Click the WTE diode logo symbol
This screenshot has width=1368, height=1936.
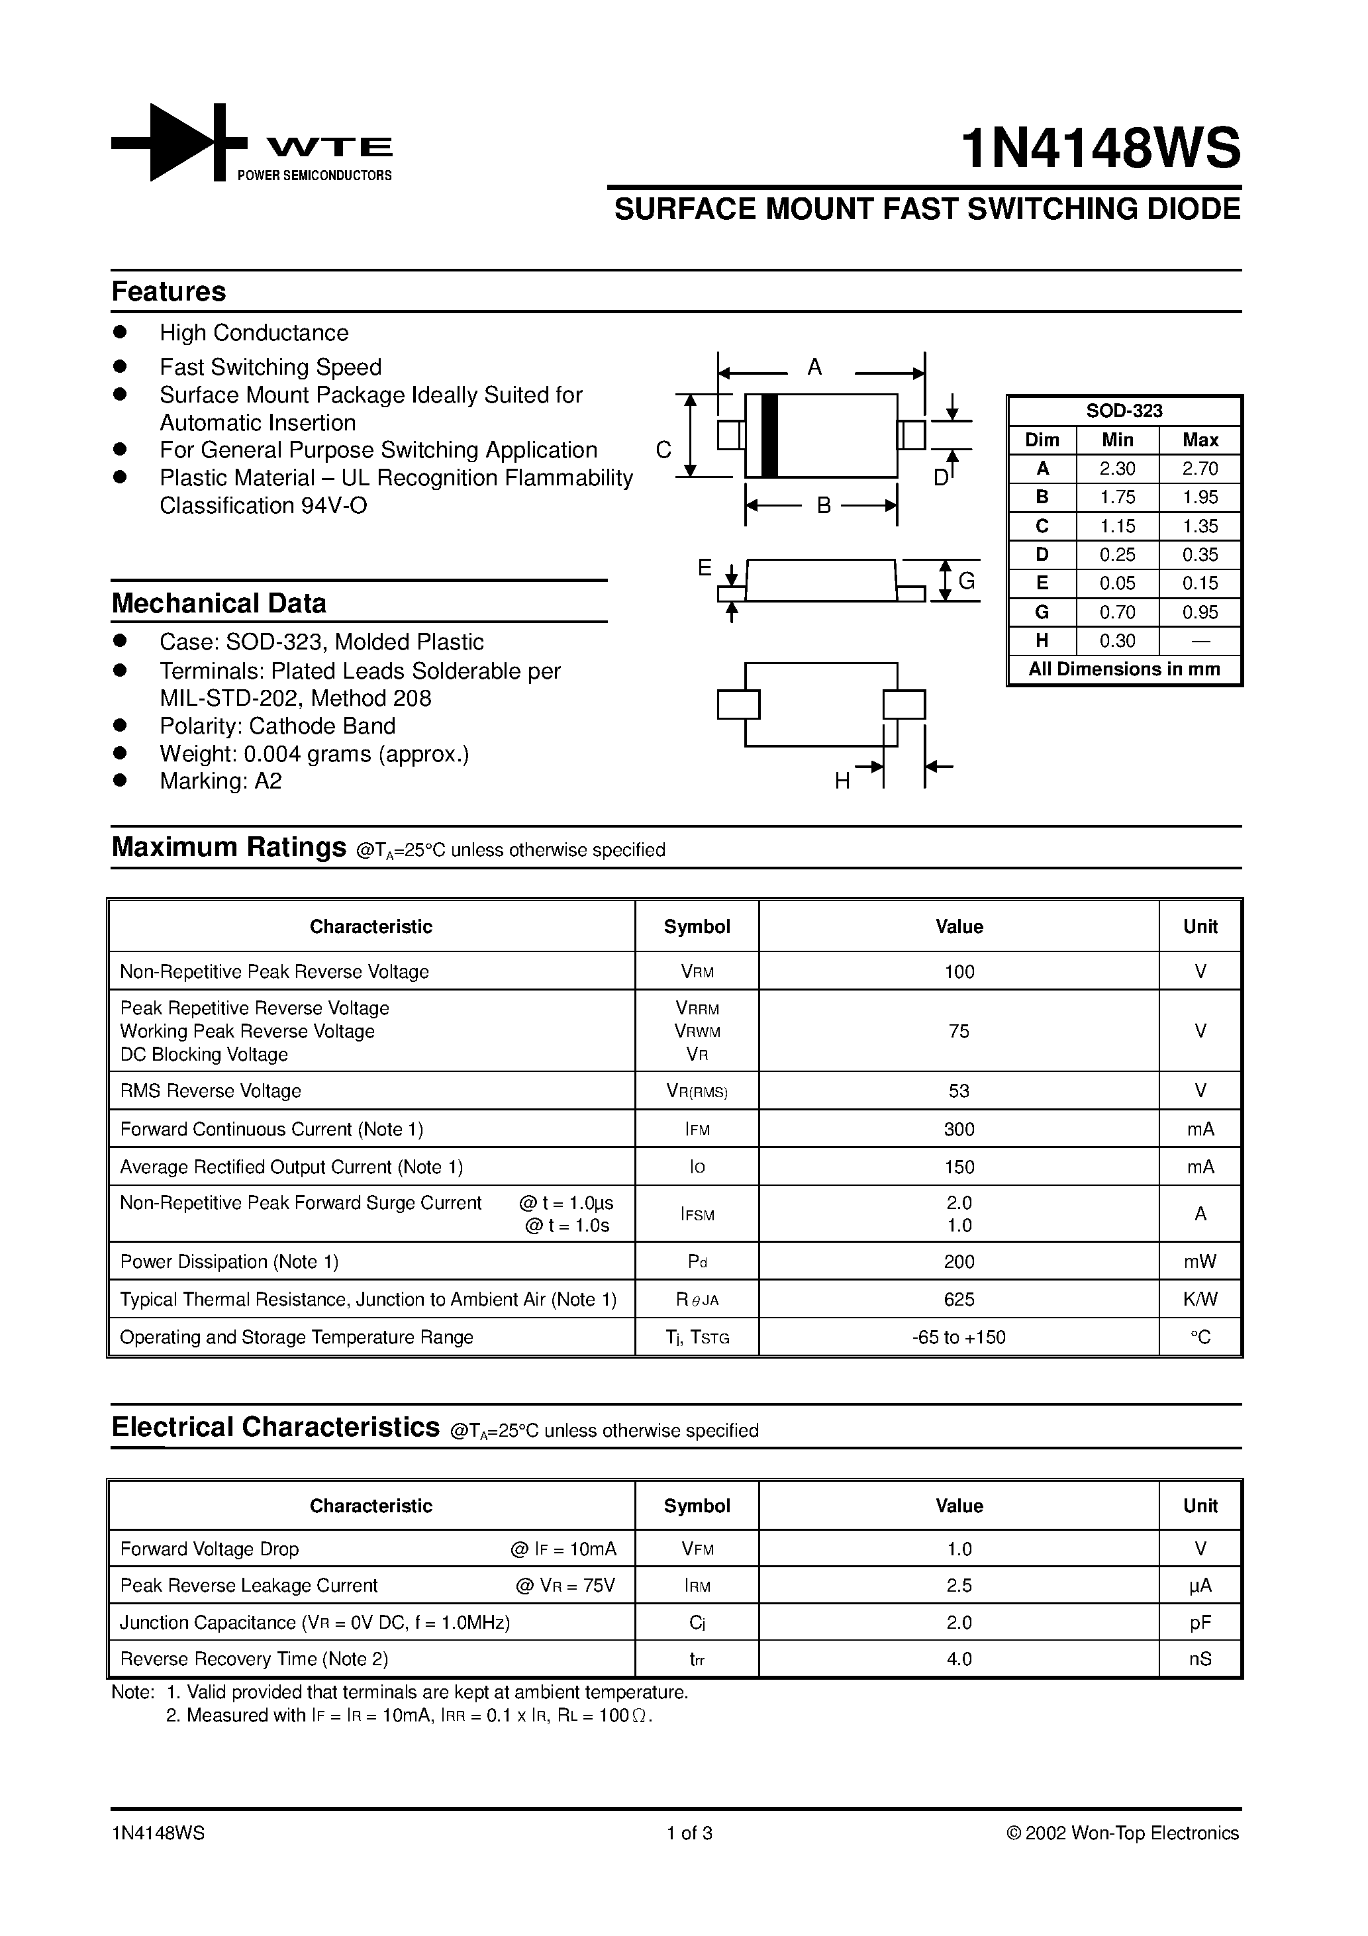[179, 142]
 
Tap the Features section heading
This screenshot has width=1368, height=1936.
[169, 292]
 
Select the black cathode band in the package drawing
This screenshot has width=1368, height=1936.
[768, 435]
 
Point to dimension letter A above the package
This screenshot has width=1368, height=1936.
[814, 367]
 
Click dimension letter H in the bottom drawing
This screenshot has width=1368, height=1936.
[842, 782]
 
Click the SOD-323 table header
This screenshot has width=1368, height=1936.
[1124, 411]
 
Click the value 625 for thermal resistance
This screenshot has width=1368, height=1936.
[959, 1299]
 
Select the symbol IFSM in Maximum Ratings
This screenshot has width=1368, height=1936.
[697, 1214]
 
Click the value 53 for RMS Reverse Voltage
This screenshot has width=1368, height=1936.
[959, 1090]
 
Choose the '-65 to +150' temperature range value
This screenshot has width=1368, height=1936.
[959, 1337]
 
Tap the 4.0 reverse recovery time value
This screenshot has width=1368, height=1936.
[959, 1659]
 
